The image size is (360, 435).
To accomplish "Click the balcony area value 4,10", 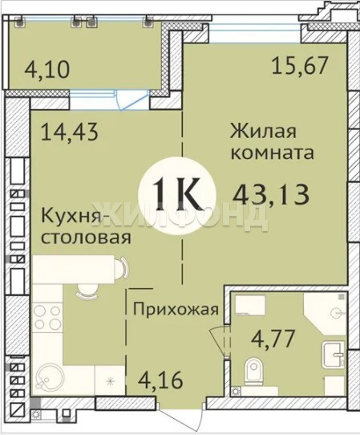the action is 47,69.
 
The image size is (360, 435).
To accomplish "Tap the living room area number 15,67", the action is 300,66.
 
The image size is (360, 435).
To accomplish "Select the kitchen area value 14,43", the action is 70,132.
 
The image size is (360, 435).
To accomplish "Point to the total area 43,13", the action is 271,194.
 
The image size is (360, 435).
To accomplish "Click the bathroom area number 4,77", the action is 273,339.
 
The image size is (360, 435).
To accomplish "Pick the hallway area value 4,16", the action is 161,380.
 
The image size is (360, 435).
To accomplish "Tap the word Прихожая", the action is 176,309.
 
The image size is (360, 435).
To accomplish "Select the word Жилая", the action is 263,131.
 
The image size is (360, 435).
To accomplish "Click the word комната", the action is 273,152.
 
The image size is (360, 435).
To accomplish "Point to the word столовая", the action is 86,238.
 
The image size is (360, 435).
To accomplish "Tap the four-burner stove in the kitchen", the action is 47,316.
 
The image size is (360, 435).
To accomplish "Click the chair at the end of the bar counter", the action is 121,268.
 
